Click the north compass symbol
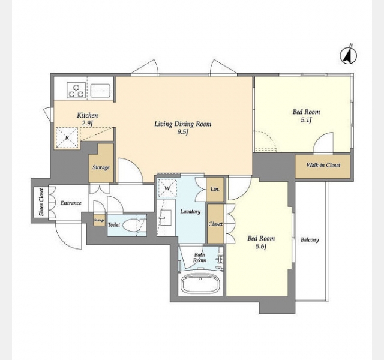[x=348, y=56]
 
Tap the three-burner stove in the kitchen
[x=76, y=90]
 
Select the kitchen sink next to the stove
[x=100, y=91]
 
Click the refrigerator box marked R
[x=67, y=137]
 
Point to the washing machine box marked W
[x=167, y=188]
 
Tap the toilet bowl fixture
[x=132, y=224]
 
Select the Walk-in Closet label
[x=323, y=165]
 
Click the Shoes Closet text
[x=41, y=202]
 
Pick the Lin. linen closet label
[x=215, y=189]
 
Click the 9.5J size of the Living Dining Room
[x=182, y=132]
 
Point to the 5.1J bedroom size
[x=306, y=120]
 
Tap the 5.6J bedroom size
[x=261, y=246]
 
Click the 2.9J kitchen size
[x=88, y=123]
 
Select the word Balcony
[x=310, y=240]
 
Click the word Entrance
[x=71, y=203]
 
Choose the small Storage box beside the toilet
[x=100, y=220]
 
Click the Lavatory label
[x=190, y=212]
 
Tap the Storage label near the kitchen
[x=101, y=168]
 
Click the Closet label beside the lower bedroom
[x=215, y=224]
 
